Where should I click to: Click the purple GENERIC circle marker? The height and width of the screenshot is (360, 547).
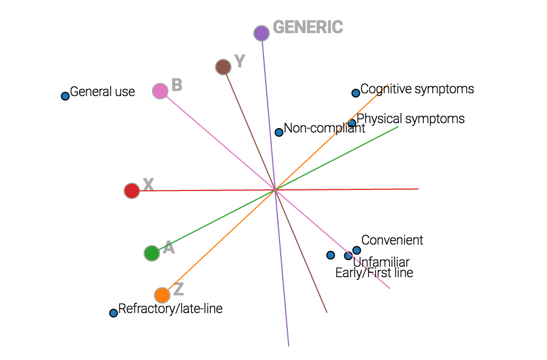pos(261,33)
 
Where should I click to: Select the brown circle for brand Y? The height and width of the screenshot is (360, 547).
pos(223,67)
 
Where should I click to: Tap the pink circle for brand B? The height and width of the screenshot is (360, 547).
pos(160,91)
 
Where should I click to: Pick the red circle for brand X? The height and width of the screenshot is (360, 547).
pos(132,191)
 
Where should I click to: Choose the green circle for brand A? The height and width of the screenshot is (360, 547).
pos(151,253)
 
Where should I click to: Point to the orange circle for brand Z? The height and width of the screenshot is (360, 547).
pos(162,295)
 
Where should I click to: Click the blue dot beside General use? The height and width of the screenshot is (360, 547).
pos(65,96)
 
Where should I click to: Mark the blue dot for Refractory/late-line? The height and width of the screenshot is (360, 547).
pos(114,313)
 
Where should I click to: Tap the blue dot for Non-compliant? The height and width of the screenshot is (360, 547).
pos(279,133)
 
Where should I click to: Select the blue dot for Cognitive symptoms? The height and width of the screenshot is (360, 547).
pos(356,93)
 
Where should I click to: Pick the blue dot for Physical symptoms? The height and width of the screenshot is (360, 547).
pos(352,123)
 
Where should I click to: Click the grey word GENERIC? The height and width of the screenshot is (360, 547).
pos(308,27)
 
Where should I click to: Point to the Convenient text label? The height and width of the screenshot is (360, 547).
pos(392,240)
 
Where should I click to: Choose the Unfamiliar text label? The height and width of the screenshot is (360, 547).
pos(381,262)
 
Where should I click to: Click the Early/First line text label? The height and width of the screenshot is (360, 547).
pos(374,273)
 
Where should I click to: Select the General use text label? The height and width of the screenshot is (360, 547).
pos(102,92)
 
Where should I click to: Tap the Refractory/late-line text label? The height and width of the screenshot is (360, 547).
pos(170,309)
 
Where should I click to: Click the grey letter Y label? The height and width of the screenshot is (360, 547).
pos(239,61)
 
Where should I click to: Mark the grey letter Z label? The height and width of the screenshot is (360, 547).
pos(178,289)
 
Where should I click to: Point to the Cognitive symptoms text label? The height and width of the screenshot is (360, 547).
pos(417,89)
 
